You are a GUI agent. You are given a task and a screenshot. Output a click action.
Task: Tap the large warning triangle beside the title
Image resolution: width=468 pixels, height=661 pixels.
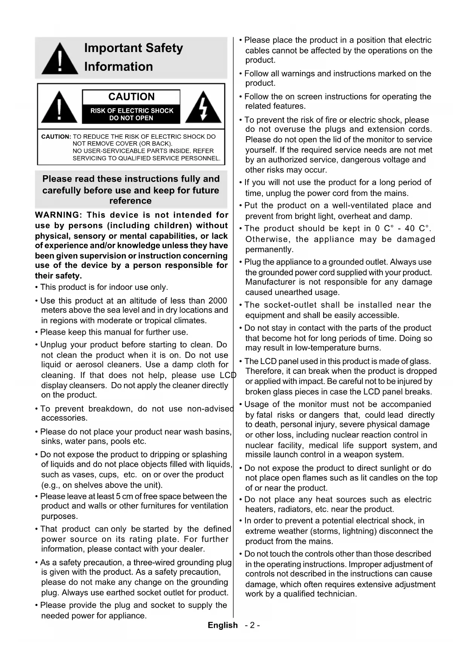(x=60, y=59)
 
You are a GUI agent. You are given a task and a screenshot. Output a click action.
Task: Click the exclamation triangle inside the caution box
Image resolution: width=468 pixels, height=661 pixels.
(x=59, y=107)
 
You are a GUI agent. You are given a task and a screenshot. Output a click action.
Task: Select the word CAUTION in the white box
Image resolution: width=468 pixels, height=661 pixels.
(x=131, y=97)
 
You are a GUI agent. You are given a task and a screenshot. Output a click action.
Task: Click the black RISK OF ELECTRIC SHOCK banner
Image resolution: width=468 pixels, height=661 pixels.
(x=131, y=114)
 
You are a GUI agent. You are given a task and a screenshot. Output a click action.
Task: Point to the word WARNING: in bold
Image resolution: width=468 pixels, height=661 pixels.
(x=58, y=215)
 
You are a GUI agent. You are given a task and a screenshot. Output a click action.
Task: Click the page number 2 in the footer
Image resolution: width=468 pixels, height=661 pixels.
(x=252, y=625)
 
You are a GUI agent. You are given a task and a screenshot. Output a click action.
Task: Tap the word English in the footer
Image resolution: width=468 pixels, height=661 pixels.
(x=222, y=625)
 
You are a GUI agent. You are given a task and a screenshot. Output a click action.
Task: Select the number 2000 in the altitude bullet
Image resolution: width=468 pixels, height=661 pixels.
(x=218, y=301)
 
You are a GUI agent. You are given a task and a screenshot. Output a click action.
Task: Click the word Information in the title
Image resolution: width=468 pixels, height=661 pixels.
(x=118, y=67)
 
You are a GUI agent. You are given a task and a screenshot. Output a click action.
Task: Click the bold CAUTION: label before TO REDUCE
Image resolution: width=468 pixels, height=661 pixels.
(x=56, y=137)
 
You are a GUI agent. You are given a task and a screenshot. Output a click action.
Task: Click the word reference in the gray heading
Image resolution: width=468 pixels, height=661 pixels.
(x=130, y=201)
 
